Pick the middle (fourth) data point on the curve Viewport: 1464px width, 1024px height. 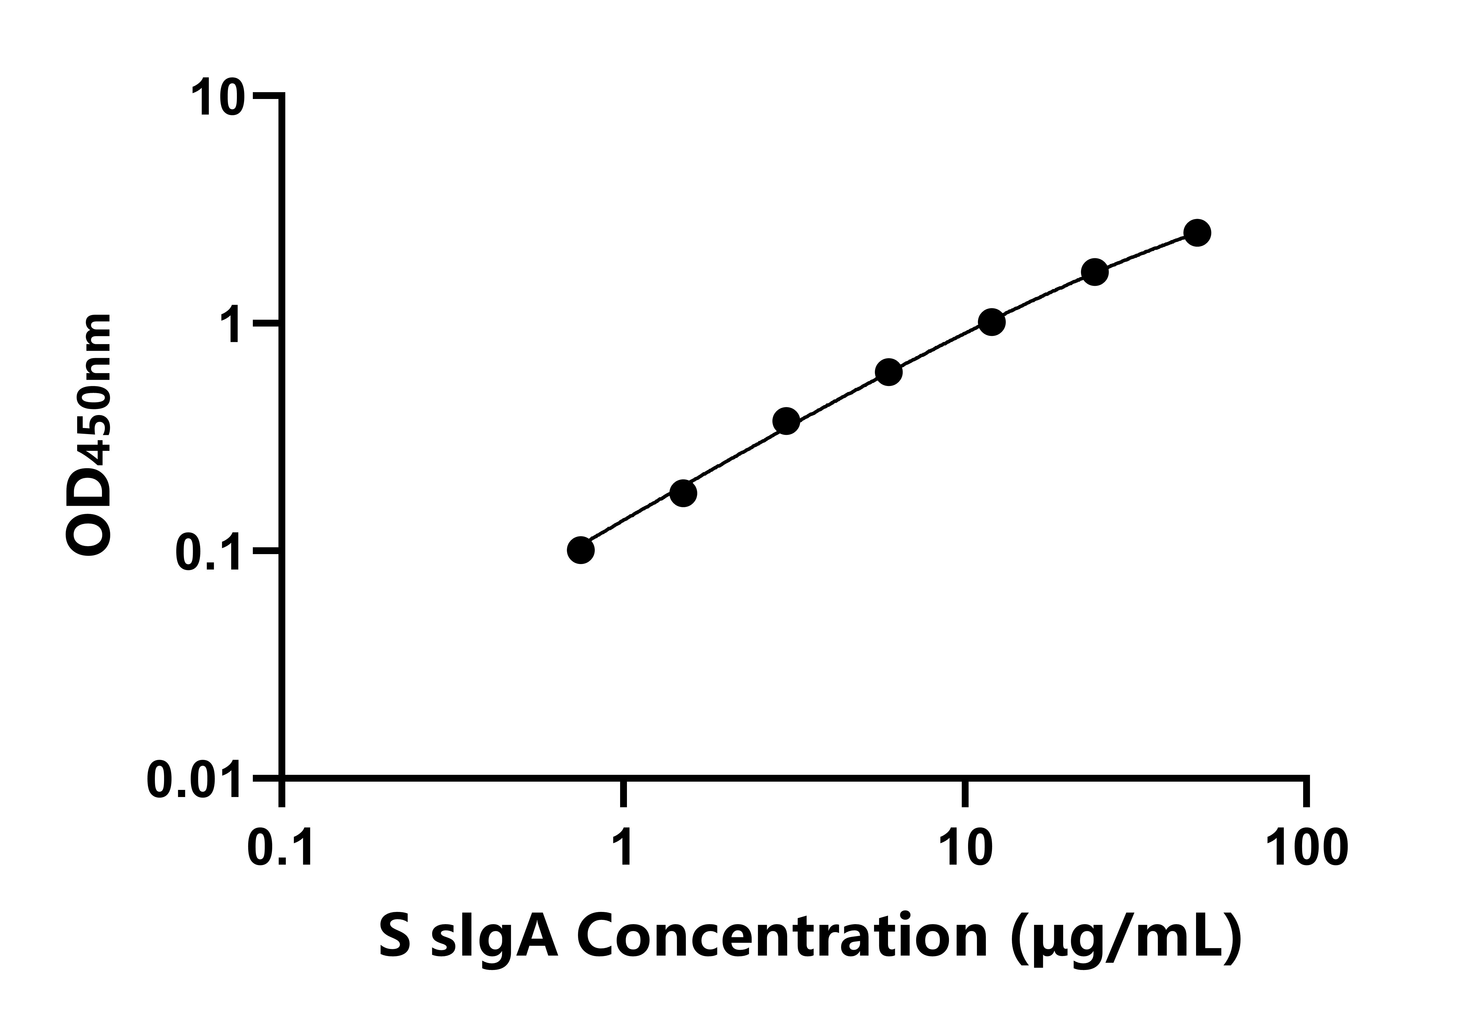(x=889, y=372)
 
